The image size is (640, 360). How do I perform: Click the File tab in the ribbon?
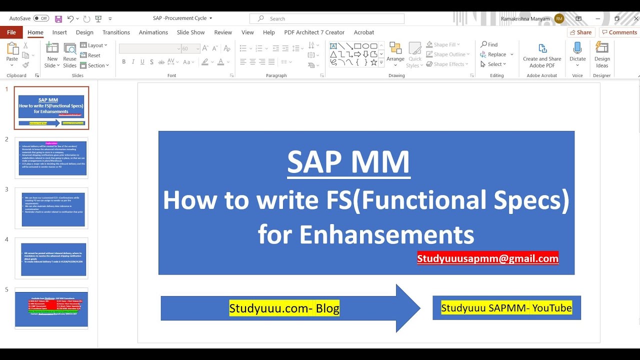[11, 32]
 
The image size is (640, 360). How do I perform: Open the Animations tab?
[153, 32]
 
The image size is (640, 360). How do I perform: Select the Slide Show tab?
[190, 32]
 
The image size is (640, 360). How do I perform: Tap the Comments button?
[619, 32]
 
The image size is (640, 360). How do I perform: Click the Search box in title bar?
[327, 18]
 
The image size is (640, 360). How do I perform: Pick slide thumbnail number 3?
[51, 208]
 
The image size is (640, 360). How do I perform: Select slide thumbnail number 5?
[51, 308]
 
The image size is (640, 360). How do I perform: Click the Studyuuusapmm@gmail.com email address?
[487, 258]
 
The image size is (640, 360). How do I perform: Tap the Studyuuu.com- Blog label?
[284, 308]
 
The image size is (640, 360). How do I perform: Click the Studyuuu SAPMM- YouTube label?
[506, 308]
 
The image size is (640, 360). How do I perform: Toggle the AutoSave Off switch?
[41, 18]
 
